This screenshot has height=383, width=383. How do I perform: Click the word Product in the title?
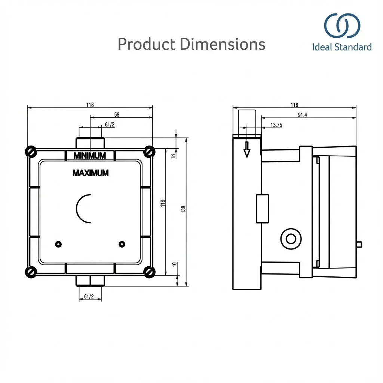pyautogui.click(x=146, y=45)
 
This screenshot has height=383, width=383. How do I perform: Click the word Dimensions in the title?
pyautogui.click(x=222, y=45)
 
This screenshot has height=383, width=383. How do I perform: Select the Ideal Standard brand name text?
pyautogui.click(x=342, y=47)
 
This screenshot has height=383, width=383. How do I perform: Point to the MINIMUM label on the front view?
pyautogui.click(x=90, y=156)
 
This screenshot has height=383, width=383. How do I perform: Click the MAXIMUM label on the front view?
pyautogui.click(x=91, y=173)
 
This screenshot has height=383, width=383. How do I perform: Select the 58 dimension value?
pyautogui.click(x=117, y=115)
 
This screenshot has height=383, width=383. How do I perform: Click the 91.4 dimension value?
pyautogui.click(x=302, y=115)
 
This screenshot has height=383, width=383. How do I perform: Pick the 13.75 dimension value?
pyautogui.click(x=276, y=125)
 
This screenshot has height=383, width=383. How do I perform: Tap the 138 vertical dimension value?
pyautogui.click(x=183, y=209)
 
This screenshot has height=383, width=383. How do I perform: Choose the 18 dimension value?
pyautogui.click(x=173, y=156)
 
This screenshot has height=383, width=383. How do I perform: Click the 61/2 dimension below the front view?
pyautogui.click(x=89, y=297)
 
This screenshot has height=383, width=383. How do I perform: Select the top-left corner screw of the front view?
pyautogui.click(x=30, y=151)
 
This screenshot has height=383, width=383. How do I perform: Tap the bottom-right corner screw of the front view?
pyautogui.click(x=150, y=272)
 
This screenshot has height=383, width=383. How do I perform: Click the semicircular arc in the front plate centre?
pyautogui.click(x=82, y=208)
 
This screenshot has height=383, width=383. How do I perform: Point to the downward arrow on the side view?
pyautogui.click(x=246, y=150)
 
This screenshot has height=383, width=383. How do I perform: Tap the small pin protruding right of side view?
pyautogui.click(x=359, y=244)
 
